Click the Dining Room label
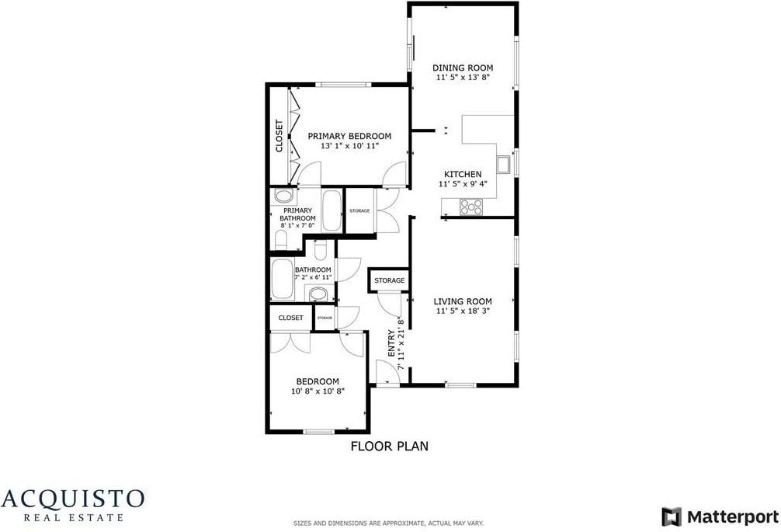462,68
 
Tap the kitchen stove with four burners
471,207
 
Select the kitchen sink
504,163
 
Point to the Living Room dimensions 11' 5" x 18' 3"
463,311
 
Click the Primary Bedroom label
344,136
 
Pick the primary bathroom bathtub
331,210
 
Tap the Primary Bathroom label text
297,214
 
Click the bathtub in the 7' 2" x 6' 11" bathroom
281,280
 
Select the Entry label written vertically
391,345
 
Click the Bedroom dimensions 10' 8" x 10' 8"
318,391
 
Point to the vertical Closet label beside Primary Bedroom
279,135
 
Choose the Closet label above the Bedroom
290,318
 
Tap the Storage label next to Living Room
389,280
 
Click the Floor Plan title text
390,447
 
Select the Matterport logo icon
671,516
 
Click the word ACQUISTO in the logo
72,498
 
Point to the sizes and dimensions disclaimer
390,523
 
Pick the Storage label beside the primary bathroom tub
359,211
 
